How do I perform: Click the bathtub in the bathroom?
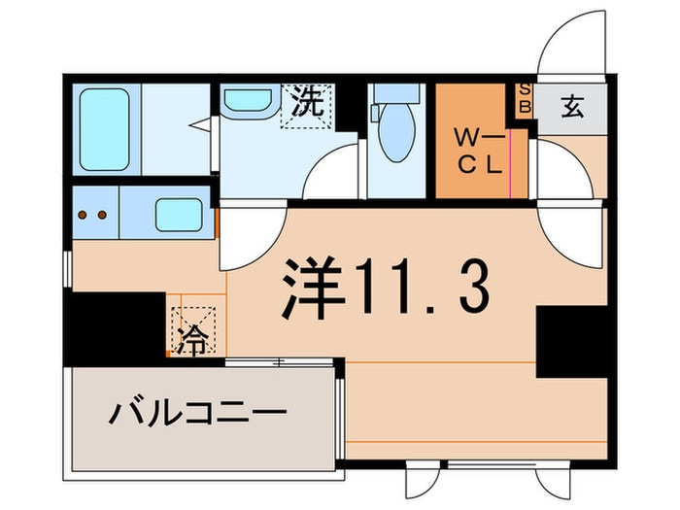(104, 129)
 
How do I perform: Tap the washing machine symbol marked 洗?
(307, 105)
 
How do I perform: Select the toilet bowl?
(396, 132)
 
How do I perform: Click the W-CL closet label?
(480, 151)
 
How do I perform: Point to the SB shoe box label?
(525, 98)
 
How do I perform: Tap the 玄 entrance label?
(572, 107)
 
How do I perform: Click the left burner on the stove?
(83, 215)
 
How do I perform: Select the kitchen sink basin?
(179, 215)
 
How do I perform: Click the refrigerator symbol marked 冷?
(193, 331)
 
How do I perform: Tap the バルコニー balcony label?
(197, 413)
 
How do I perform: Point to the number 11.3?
(423, 288)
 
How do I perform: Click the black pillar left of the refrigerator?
(115, 328)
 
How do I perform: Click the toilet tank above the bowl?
(396, 93)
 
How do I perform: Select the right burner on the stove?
(102, 215)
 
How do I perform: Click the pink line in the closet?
(511, 164)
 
